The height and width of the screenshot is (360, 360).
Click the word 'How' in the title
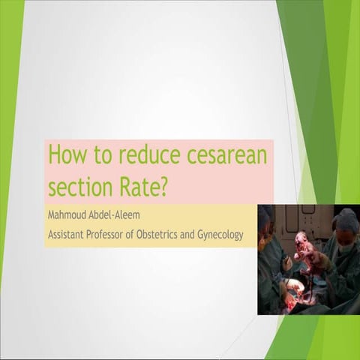click(x=63, y=156)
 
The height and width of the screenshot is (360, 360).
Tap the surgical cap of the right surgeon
click(x=346, y=220)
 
